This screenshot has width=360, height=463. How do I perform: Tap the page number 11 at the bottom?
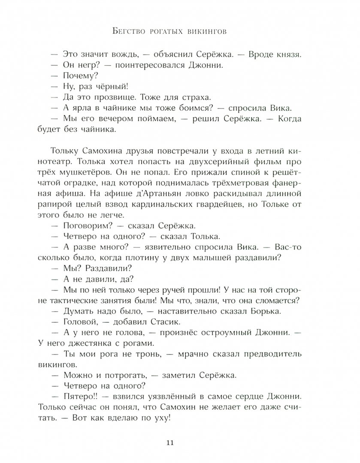coord(180,443)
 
